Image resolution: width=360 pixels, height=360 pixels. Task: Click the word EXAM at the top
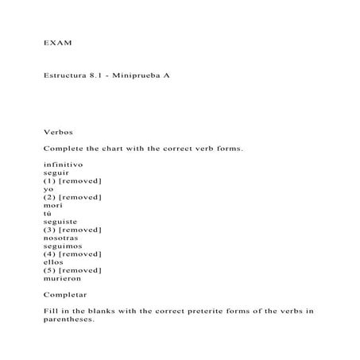click(56, 40)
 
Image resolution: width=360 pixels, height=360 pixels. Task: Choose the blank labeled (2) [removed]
click(72, 197)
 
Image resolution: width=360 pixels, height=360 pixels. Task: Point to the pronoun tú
click(48, 213)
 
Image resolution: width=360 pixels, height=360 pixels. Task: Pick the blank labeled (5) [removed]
click(72, 270)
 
